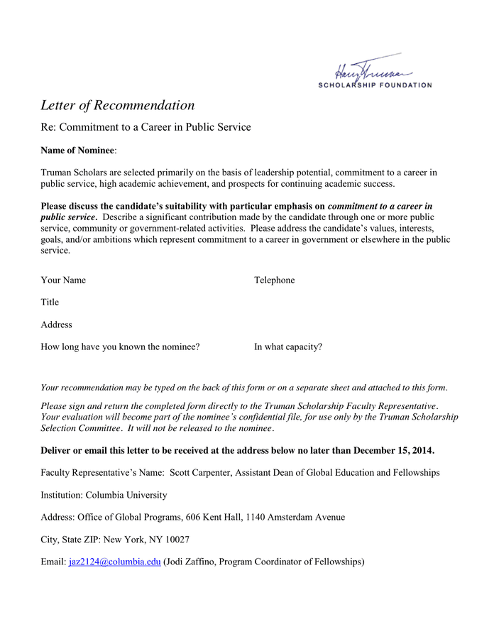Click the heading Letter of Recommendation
click(x=117, y=105)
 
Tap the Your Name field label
click(x=63, y=280)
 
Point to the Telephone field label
click(x=274, y=280)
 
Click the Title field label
click(x=50, y=302)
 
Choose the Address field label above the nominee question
click(x=56, y=324)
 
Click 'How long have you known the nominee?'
click(x=120, y=347)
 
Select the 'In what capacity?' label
click(x=288, y=347)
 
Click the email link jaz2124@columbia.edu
click(x=114, y=562)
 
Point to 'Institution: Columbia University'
click(x=104, y=495)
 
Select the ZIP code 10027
click(x=175, y=539)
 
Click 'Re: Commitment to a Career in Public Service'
click(x=146, y=127)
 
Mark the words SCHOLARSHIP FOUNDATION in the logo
click(x=374, y=85)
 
